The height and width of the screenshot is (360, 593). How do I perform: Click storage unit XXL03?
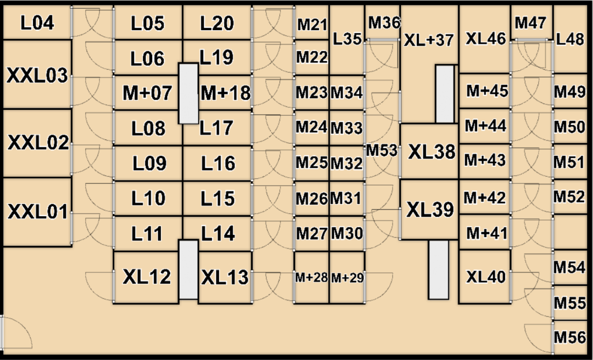click(37, 75)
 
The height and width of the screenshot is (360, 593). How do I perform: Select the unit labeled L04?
click(37, 23)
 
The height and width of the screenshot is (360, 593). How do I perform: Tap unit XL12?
click(147, 277)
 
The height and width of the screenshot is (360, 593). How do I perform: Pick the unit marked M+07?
click(147, 93)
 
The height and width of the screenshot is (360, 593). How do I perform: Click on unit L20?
click(217, 23)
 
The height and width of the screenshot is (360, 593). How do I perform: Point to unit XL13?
click(225, 277)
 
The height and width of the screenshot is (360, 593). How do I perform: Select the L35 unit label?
click(347, 38)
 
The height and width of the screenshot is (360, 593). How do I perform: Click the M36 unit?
click(383, 22)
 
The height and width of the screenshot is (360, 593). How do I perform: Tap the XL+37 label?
click(428, 40)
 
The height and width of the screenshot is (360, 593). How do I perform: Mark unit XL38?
click(431, 151)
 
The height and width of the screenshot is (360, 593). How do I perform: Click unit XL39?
click(430, 210)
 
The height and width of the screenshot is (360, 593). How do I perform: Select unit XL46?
click(485, 38)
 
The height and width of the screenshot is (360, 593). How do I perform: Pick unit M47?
click(531, 22)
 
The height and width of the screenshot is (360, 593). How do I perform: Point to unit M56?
click(569, 337)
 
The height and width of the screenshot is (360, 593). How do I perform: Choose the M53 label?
click(382, 150)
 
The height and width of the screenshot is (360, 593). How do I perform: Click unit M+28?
click(311, 278)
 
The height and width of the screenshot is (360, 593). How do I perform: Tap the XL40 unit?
click(485, 277)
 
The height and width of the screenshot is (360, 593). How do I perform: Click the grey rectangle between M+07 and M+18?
click(188, 93)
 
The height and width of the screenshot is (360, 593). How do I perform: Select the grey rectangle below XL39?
click(438, 269)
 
